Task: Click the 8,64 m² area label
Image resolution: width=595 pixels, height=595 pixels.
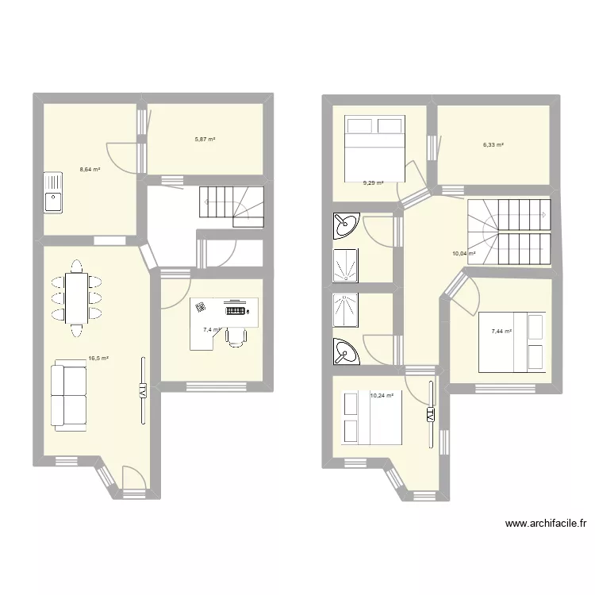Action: click(x=89, y=169)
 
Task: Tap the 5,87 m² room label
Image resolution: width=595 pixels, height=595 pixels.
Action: click(x=205, y=140)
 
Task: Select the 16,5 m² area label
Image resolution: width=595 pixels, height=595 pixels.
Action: click(x=98, y=359)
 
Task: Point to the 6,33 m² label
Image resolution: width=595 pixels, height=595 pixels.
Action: click(x=493, y=144)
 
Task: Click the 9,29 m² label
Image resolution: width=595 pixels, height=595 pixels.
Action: click(x=373, y=183)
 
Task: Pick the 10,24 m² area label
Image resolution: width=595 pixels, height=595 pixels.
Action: click(x=382, y=395)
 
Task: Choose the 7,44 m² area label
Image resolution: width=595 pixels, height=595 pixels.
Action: click(x=501, y=332)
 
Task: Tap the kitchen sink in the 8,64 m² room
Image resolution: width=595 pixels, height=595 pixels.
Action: click(x=52, y=194)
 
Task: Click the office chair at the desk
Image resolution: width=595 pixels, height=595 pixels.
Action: click(x=236, y=336)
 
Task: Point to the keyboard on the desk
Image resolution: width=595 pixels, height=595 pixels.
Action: click(x=236, y=310)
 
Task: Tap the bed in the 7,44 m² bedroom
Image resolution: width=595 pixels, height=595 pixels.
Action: click(x=513, y=343)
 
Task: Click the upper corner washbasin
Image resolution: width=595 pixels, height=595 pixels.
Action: click(x=345, y=225)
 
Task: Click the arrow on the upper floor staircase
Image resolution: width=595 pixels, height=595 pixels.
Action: click(x=543, y=215)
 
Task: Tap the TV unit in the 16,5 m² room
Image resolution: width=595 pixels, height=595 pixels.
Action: click(x=143, y=392)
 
